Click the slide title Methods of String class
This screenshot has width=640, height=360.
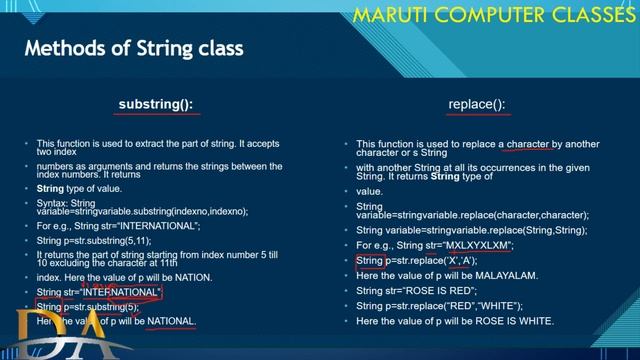tap(133, 48)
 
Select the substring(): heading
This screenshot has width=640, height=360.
tap(155, 104)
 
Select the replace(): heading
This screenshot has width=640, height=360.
tap(477, 104)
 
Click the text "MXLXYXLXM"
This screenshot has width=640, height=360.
tap(479, 245)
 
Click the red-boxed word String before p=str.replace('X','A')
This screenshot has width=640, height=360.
tap(370, 260)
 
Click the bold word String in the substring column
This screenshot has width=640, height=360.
tap(50, 188)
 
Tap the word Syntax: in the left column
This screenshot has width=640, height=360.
tap(54, 202)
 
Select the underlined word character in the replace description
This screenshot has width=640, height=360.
tap(528, 144)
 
